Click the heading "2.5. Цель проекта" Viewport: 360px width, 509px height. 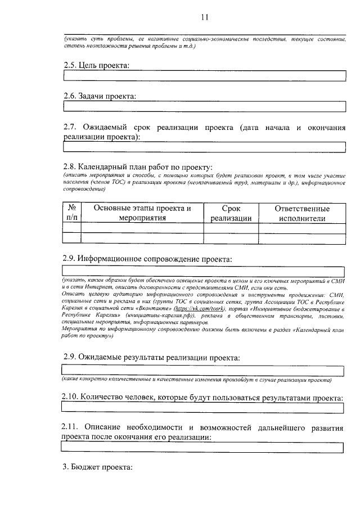[96, 65]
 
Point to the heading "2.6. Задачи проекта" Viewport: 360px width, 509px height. [100, 96]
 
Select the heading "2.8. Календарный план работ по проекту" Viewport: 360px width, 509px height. [138, 167]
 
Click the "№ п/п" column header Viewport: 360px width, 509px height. [72, 213]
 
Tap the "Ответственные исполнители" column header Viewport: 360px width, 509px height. [301, 213]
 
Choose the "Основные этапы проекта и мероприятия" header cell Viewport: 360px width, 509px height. [142, 213]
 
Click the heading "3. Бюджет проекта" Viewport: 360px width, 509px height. [97, 467]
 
